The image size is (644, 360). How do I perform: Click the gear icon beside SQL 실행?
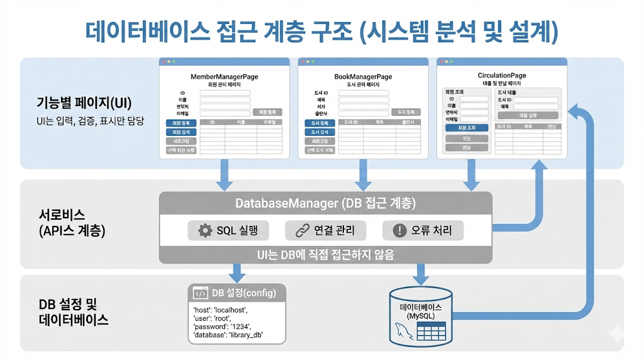pyautogui.click(x=205, y=230)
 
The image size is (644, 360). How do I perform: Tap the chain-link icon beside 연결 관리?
pyautogui.click(x=302, y=230)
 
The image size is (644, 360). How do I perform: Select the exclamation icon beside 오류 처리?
pyautogui.click(x=399, y=230)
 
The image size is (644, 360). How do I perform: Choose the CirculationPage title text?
pyautogui.click(x=502, y=76)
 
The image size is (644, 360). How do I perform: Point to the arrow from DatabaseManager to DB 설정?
pyautogui.click(x=236, y=273)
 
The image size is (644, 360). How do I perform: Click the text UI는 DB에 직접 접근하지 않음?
pyautogui.click(x=325, y=254)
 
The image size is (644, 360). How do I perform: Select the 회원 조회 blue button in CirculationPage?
pyautogui.click(x=467, y=128)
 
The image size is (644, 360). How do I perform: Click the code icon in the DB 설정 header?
pyautogui.click(x=201, y=293)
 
